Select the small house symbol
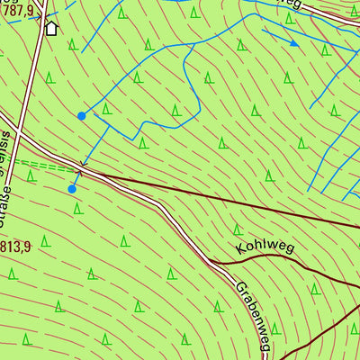point(50,28)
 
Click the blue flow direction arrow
point(292,41)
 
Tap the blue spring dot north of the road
point(82,115)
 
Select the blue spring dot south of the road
point(72,189)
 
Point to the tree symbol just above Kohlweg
point(238,229)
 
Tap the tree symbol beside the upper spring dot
point(106,109)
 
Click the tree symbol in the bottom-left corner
point(27,339)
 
